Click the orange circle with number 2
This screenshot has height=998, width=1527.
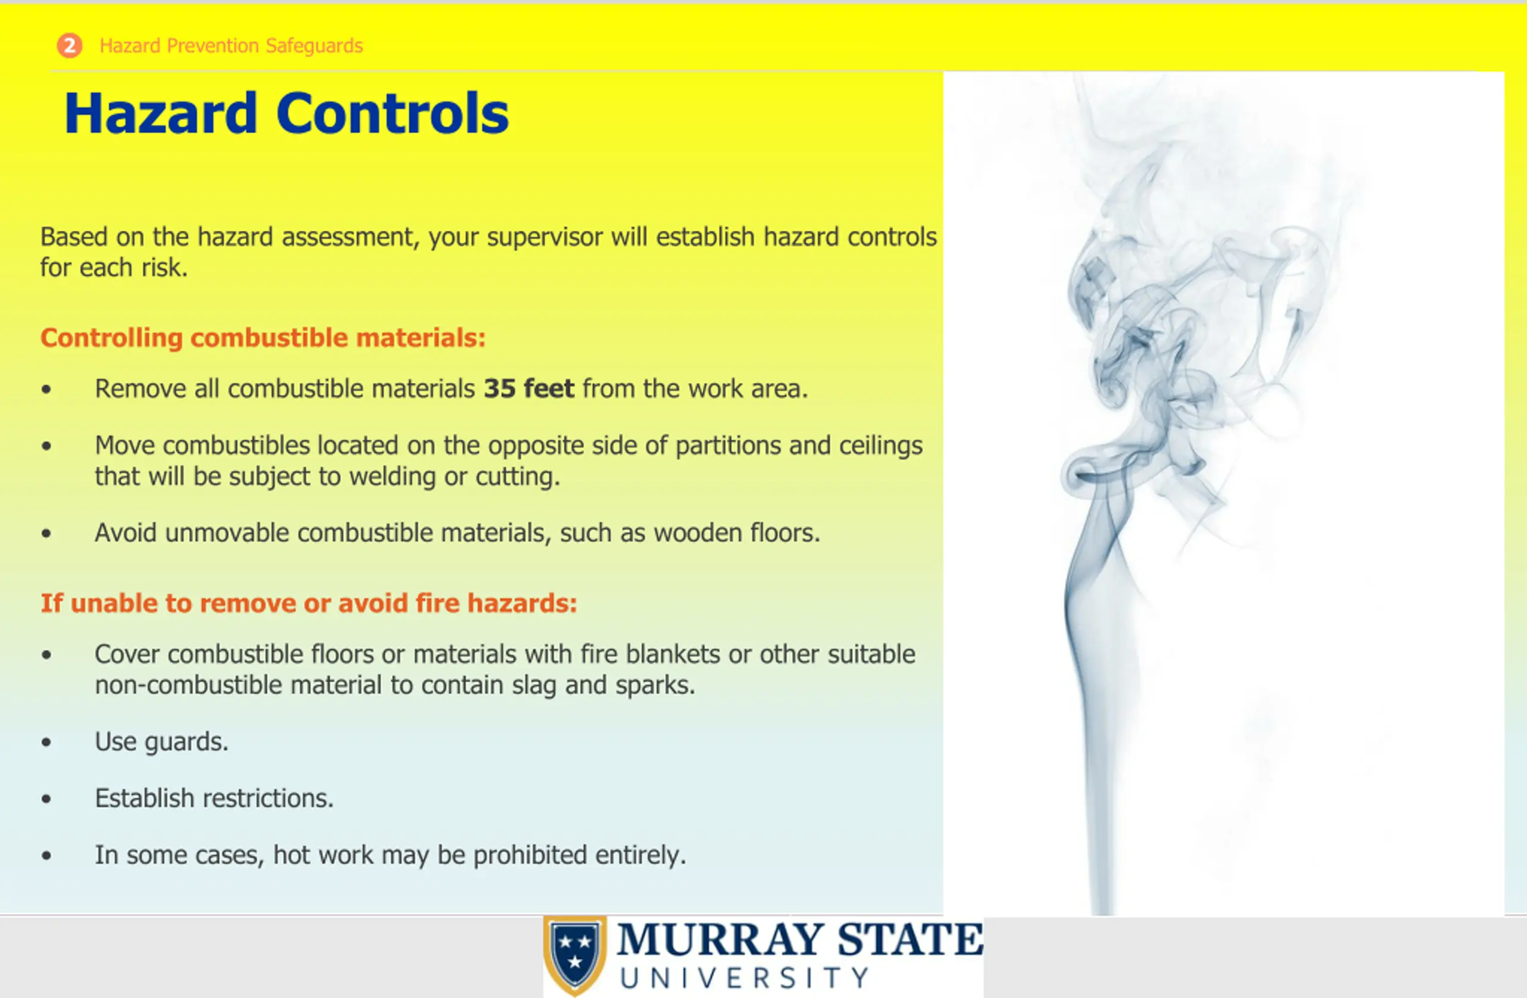69,45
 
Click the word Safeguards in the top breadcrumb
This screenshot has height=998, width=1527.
314,46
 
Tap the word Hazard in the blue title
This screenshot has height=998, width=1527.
161,113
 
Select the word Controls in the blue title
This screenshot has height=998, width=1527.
392,113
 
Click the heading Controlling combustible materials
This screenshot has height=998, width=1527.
263,338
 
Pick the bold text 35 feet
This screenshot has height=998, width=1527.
528,389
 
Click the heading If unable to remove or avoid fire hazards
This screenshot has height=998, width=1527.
308,603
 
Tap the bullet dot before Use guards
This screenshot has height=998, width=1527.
46,743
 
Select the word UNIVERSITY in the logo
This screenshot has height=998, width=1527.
744,978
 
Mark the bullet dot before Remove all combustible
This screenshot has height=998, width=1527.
46,389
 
